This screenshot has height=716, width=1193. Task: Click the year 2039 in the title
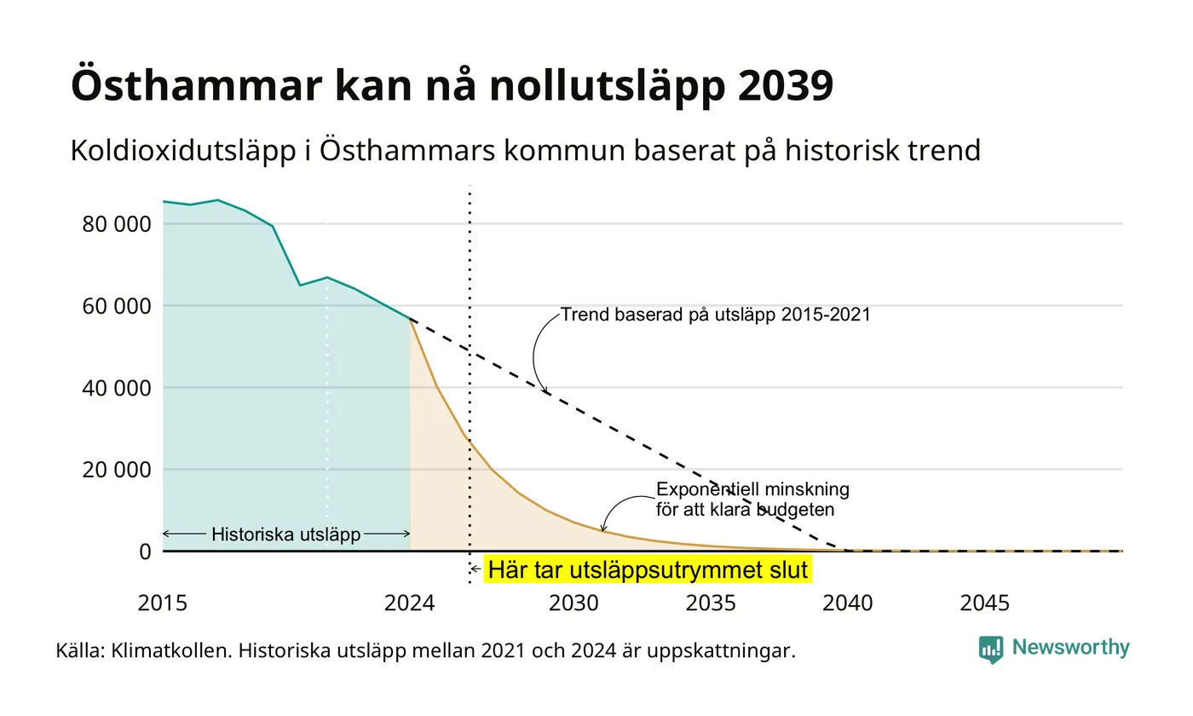786,86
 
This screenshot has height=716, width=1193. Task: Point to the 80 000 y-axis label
117,224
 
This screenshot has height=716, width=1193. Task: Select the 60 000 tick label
117,306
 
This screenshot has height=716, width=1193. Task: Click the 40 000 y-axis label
117,389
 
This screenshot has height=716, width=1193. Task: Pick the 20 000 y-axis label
117,470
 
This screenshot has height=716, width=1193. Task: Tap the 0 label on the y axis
146,552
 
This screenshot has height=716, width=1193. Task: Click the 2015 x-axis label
163,603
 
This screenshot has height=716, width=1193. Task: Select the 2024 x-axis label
410,603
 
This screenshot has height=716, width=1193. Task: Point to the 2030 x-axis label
573,603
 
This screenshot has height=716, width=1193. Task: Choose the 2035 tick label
711,603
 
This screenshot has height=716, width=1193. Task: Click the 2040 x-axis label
847,603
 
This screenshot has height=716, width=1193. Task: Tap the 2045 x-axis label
984,603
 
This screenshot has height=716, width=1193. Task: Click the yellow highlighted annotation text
648,569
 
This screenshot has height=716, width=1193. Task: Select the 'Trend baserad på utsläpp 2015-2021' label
715,315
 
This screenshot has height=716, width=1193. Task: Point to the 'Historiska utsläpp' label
286,534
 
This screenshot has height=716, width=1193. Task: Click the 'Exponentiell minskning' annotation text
752,489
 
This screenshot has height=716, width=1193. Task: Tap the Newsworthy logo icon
990,650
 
